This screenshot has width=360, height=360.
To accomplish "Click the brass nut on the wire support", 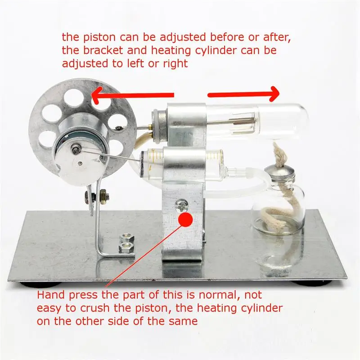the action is pos(103,197).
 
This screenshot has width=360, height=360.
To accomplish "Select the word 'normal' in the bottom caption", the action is pos(210,296).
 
